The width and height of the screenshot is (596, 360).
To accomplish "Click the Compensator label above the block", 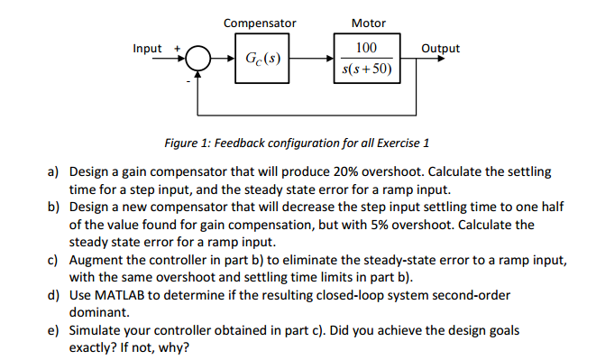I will (260, 23).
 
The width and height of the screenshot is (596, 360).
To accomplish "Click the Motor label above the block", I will (368, 23).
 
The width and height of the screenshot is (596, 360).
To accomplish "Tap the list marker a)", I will (53, 171).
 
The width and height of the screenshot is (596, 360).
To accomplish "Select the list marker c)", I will (53, 260).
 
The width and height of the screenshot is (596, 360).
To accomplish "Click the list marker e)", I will (53, 330).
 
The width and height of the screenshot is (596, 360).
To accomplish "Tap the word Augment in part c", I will (96, 260).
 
